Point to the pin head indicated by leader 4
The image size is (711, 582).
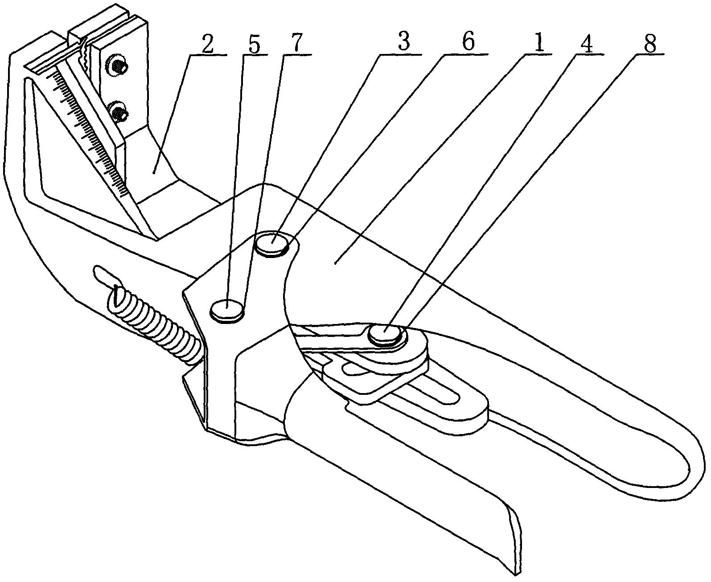tap(385, 334)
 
